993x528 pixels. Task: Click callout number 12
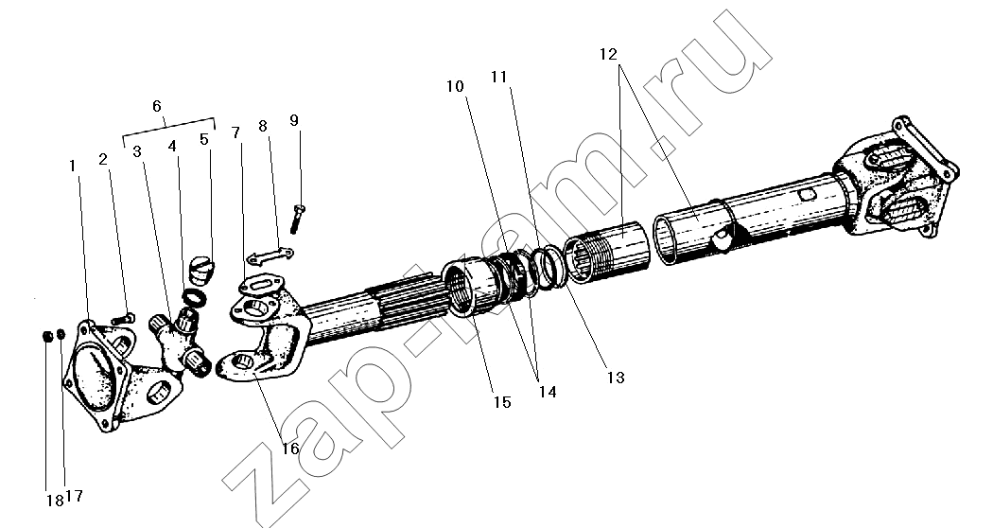(x=608, y=55)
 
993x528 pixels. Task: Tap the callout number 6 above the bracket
(x=157, y=106)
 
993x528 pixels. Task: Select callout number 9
(x=294, y=120)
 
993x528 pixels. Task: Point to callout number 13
(x=616, y=378)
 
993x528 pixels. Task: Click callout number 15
(x=502, y=402)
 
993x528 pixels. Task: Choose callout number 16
(x=290, y=449)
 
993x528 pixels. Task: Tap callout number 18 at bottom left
(x=55, y=501)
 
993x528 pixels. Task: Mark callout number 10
(x=455, y=86)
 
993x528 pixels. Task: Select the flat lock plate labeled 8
(x=270, y=255)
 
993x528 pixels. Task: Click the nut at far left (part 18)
(x=46, y=335)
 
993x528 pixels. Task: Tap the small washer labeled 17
(x=61, y=333)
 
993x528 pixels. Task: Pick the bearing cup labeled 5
(x=202, y=270)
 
